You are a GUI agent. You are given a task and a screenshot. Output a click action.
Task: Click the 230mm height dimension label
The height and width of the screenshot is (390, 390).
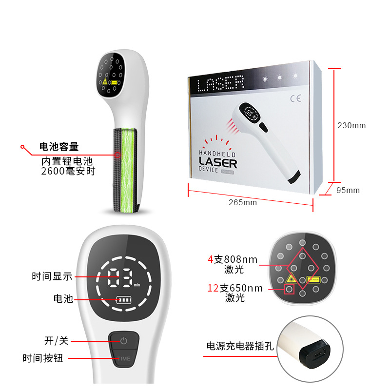click(351, 125)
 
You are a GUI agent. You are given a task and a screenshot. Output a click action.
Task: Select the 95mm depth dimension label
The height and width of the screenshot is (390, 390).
click(348, 190)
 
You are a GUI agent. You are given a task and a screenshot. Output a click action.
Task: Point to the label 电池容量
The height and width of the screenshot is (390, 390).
click(58, 147)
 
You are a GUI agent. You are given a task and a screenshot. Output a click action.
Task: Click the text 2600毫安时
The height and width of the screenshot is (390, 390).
click(68, 171)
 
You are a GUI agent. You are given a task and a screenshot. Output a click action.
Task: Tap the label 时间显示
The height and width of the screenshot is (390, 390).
click(52, 276)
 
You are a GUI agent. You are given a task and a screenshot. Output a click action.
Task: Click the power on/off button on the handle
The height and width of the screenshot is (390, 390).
click(123, 340)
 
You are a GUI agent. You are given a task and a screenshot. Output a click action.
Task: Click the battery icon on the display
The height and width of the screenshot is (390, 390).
click(123, 299)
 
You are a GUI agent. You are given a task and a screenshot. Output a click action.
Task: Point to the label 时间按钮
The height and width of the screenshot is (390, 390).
click(43, 358)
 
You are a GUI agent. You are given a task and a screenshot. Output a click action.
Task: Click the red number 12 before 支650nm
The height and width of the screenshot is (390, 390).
click(212, 289)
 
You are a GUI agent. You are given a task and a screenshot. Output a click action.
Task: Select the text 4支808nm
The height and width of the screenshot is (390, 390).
click(232, 259)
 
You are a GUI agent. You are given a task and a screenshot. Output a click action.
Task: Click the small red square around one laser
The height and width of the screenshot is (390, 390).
click(289, 290)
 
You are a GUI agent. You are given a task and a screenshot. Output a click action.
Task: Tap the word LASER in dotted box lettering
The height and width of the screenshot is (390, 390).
click(220, 84)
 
